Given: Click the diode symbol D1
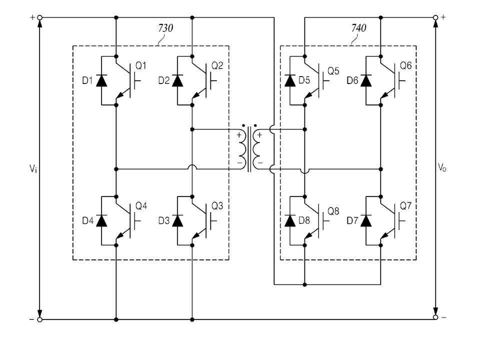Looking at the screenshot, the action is [x=101, y=80].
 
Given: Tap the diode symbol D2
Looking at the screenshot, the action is [x=177, y=80].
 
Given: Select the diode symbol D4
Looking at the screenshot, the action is [x=101, y=220].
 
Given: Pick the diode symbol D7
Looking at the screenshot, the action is [x=366, y=220].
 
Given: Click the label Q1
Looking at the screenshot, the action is [x=141, y=66].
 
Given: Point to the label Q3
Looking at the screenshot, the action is [x=217, y=206].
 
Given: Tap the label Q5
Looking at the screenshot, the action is [x=333, y=71].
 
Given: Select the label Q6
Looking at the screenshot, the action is [x=406, y=66].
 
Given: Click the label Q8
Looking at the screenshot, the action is [x=333, y=211].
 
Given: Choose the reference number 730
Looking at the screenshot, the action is [x=165, y=28].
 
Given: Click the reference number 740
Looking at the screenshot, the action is [x=359, y=28].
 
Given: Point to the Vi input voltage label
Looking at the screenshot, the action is [x=33, y=168].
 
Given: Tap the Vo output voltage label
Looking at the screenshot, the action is [x=442, y=167].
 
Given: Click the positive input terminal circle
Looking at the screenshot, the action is [x=39, y=18].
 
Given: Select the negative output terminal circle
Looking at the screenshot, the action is [x=435, y=317].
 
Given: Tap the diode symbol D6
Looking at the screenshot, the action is [x=366, y=80].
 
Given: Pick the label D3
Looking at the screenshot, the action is [x=164, y=220].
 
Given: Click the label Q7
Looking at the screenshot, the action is [x=406, y=206].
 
